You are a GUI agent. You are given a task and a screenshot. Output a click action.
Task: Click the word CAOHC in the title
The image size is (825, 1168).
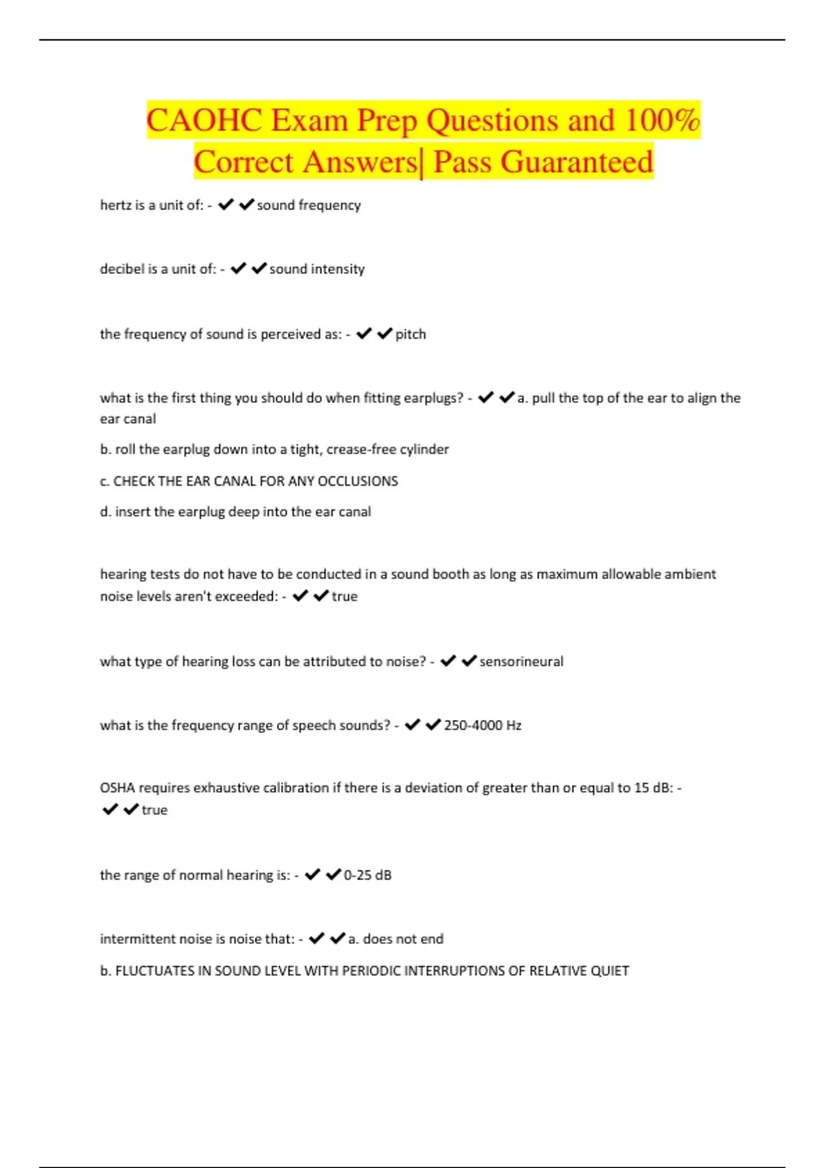203,120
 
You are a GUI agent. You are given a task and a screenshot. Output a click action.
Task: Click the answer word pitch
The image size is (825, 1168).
410,334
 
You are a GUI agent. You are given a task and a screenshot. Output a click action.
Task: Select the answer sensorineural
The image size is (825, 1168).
521,661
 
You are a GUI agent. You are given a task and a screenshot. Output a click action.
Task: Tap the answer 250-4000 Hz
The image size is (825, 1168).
483,725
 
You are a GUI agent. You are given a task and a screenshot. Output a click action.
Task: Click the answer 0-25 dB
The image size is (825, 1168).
367,875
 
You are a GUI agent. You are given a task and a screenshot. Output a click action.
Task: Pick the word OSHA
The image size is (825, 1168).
118,787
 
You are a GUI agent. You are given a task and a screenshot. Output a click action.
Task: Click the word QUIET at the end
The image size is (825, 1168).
610,971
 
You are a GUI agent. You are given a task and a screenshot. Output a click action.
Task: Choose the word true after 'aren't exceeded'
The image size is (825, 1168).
344,596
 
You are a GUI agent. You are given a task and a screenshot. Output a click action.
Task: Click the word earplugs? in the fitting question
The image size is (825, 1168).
434,398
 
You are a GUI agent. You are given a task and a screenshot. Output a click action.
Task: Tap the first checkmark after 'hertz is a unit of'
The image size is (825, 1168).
225,205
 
